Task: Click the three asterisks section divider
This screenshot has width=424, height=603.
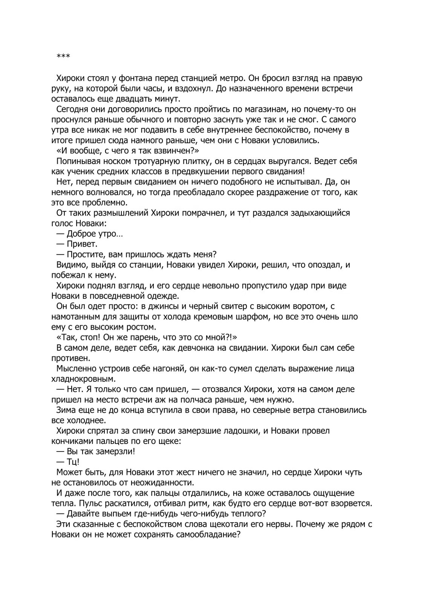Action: click(63, 57)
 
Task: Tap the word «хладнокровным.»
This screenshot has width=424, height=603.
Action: click(83, 379)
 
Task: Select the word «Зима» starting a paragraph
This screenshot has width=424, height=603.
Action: click(66, 410)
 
